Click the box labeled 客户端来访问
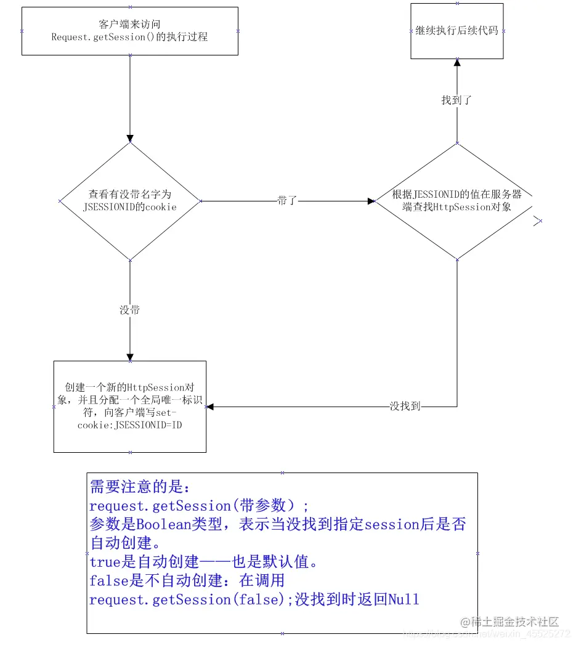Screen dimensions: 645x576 129,31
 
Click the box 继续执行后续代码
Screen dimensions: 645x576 457,31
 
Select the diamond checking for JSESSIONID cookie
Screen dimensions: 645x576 129,201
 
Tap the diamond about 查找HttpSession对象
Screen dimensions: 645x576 457,201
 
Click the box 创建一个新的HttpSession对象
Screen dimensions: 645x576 129,407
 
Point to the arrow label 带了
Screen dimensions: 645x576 287,201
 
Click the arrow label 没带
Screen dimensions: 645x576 129,310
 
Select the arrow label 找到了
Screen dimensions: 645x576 457,100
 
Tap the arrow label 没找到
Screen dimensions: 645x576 405,407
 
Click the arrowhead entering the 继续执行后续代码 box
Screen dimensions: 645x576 457,62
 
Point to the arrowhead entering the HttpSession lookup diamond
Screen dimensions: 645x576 371,201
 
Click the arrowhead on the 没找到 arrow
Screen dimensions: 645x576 210,407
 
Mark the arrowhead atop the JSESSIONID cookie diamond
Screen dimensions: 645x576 129,139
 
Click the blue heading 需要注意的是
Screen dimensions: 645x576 141,487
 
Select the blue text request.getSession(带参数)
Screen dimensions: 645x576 199,506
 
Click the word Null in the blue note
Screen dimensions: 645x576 404,599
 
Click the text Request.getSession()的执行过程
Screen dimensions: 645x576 129,37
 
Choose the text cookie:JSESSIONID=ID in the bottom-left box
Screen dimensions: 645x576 130,425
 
